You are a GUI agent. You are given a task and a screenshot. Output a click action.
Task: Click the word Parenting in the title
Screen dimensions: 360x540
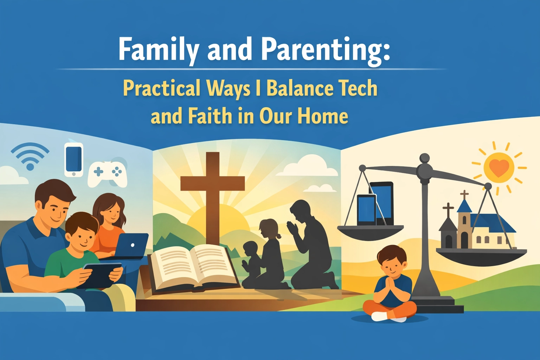pos(325,49)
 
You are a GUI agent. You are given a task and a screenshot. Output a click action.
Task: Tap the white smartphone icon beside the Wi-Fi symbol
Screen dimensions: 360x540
pos(74,159)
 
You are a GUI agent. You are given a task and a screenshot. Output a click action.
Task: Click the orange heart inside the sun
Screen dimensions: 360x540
pos(499,168)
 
